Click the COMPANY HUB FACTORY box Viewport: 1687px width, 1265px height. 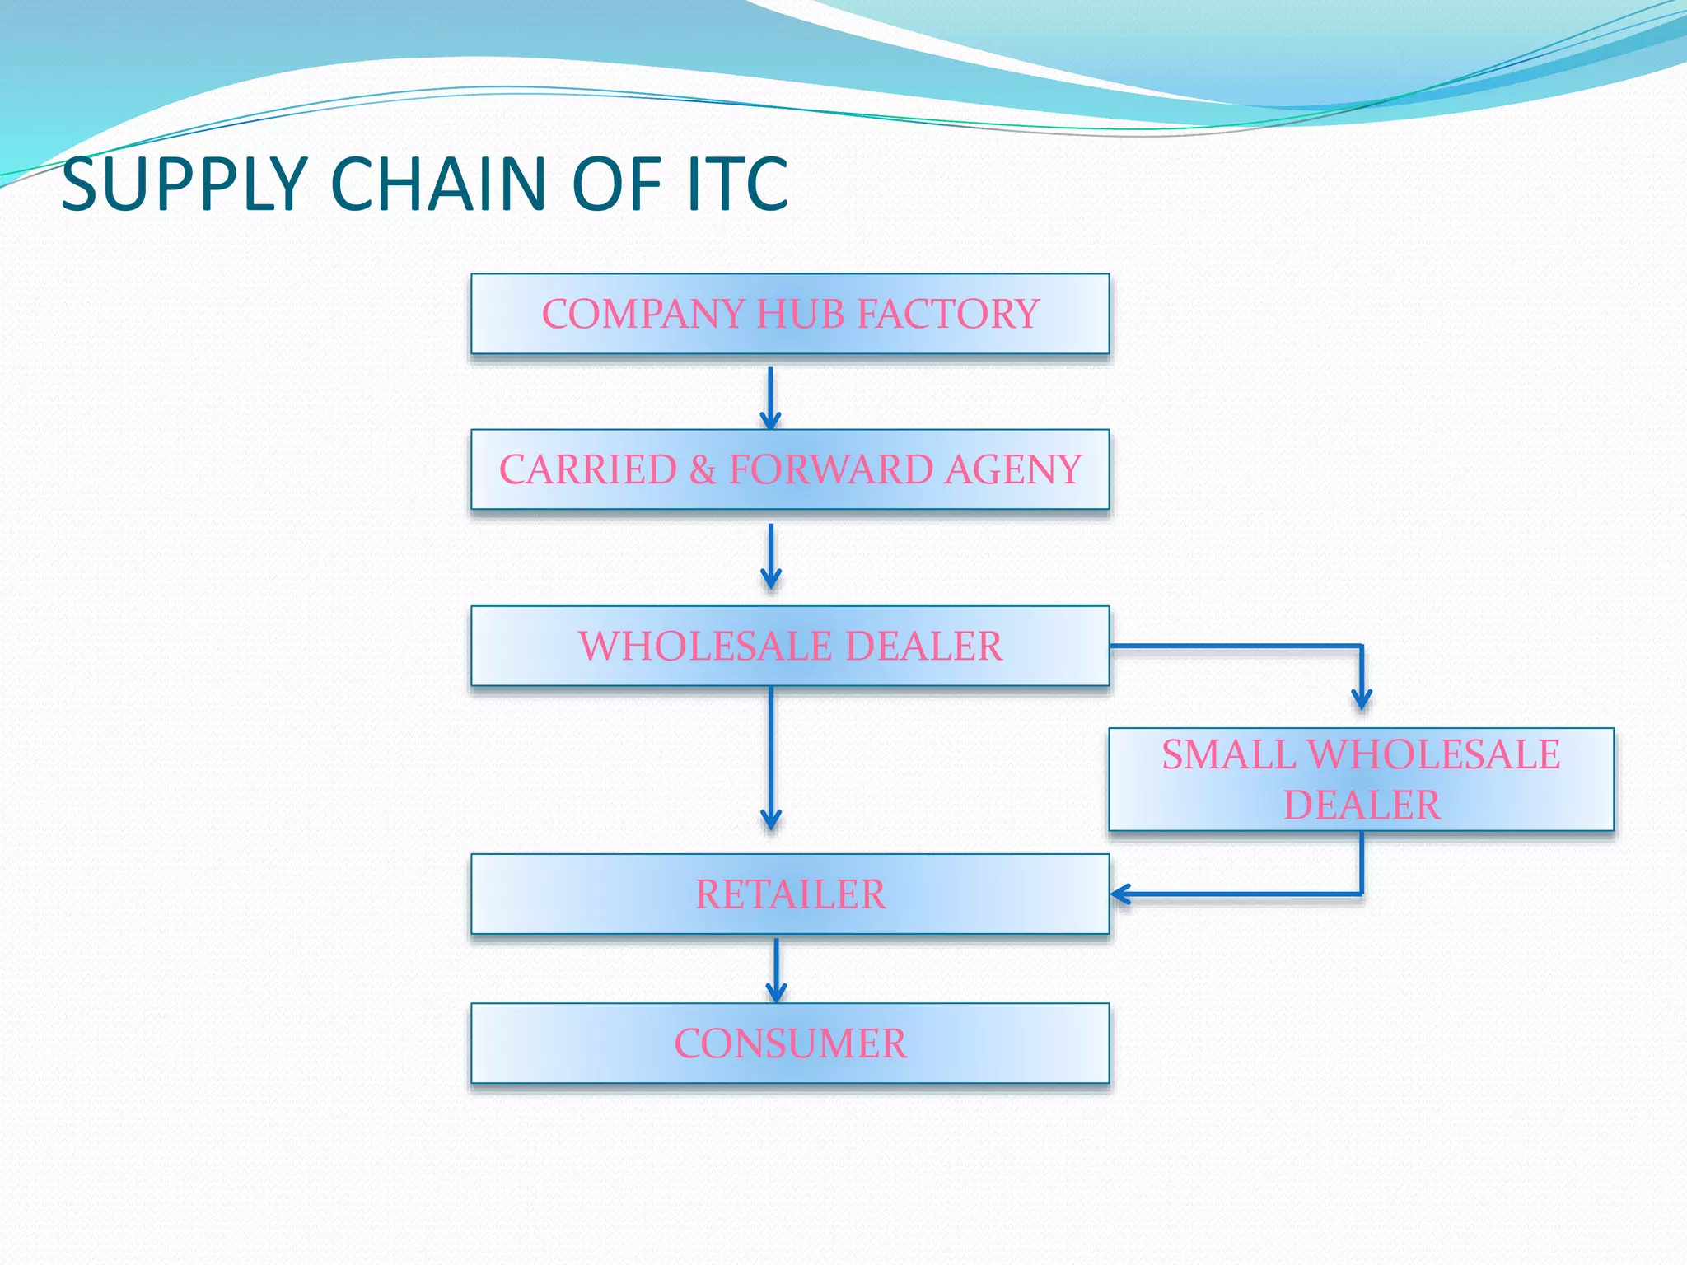789,314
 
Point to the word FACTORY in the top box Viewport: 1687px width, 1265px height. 947,314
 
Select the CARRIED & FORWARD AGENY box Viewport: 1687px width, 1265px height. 789,469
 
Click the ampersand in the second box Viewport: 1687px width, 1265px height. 703,469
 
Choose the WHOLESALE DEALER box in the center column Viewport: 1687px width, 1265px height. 789,646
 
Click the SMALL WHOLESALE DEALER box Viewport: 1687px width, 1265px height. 1360,779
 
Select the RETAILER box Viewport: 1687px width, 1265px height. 789,894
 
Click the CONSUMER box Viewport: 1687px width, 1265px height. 789,1043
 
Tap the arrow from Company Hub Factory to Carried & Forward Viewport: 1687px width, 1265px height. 770,397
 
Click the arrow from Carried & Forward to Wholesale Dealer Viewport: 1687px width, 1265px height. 770,556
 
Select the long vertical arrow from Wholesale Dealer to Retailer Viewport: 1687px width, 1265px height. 770,758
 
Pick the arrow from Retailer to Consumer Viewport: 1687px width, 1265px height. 776,969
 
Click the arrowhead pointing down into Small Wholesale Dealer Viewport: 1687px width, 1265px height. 1362,698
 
